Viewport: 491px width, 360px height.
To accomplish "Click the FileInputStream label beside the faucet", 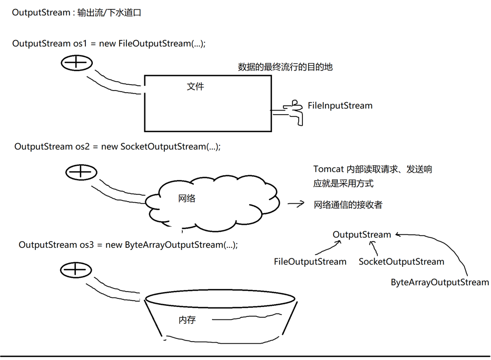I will tap(340, 106).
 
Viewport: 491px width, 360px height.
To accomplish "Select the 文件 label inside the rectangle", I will tap(195, 86).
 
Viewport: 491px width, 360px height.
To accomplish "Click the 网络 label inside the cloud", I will tap(187, 199).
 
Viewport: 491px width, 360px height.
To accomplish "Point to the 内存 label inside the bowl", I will tap(187, 319).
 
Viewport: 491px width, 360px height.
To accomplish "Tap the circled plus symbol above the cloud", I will tap(81, 172).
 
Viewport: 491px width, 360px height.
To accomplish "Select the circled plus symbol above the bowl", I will tap(76, 271).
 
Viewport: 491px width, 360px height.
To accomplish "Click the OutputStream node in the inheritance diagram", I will tap(362, 235).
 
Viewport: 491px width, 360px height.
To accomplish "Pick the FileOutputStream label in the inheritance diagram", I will tap(310, 262).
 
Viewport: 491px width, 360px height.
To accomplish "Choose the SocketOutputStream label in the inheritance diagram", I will tap(401, 262).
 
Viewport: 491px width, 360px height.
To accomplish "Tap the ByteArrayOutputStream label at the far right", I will tap(440, 283).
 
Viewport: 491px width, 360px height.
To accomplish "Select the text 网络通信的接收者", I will tap(348, 205).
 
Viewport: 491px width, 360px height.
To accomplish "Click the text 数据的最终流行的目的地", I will tap(285, 67).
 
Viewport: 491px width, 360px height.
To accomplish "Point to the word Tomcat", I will tap(328, 169).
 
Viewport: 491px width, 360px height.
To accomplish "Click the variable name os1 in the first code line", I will tap(81, 43).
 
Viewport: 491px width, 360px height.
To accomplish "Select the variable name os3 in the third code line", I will tap(88, 245).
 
